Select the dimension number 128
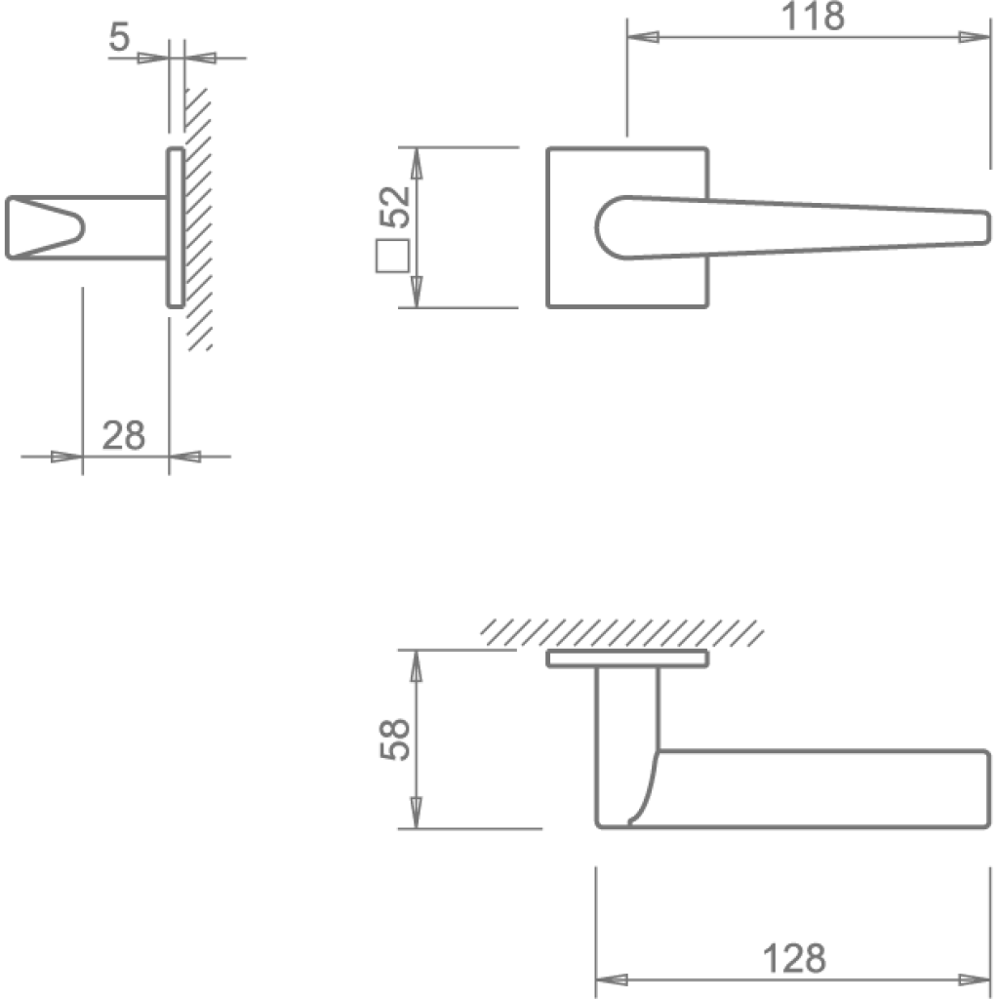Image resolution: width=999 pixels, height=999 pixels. (794, 958)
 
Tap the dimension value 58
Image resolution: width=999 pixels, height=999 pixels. (394, 739)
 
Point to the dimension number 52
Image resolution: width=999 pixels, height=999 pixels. (394, 207)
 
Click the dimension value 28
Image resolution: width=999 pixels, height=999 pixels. (124, 436)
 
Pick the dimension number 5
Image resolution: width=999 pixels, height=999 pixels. (119, 36)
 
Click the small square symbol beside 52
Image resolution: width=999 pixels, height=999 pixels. (392, 257)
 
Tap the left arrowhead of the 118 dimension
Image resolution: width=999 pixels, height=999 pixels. (643, 37)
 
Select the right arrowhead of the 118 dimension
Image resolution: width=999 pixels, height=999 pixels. (975, 37)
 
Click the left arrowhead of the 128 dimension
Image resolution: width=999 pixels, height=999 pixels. (612, 979)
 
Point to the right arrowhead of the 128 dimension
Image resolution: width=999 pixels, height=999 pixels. (975, 979)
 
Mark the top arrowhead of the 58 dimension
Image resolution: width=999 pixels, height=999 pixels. (416, 666)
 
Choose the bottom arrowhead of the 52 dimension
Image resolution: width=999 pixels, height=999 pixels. (416, 292)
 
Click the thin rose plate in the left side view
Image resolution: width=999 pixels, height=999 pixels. (176, 227)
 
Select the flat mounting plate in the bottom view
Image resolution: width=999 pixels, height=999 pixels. (627, 659)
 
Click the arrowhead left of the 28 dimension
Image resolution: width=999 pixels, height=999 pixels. (67, 457)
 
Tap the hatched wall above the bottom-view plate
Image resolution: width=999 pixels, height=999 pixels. (622, 633)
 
